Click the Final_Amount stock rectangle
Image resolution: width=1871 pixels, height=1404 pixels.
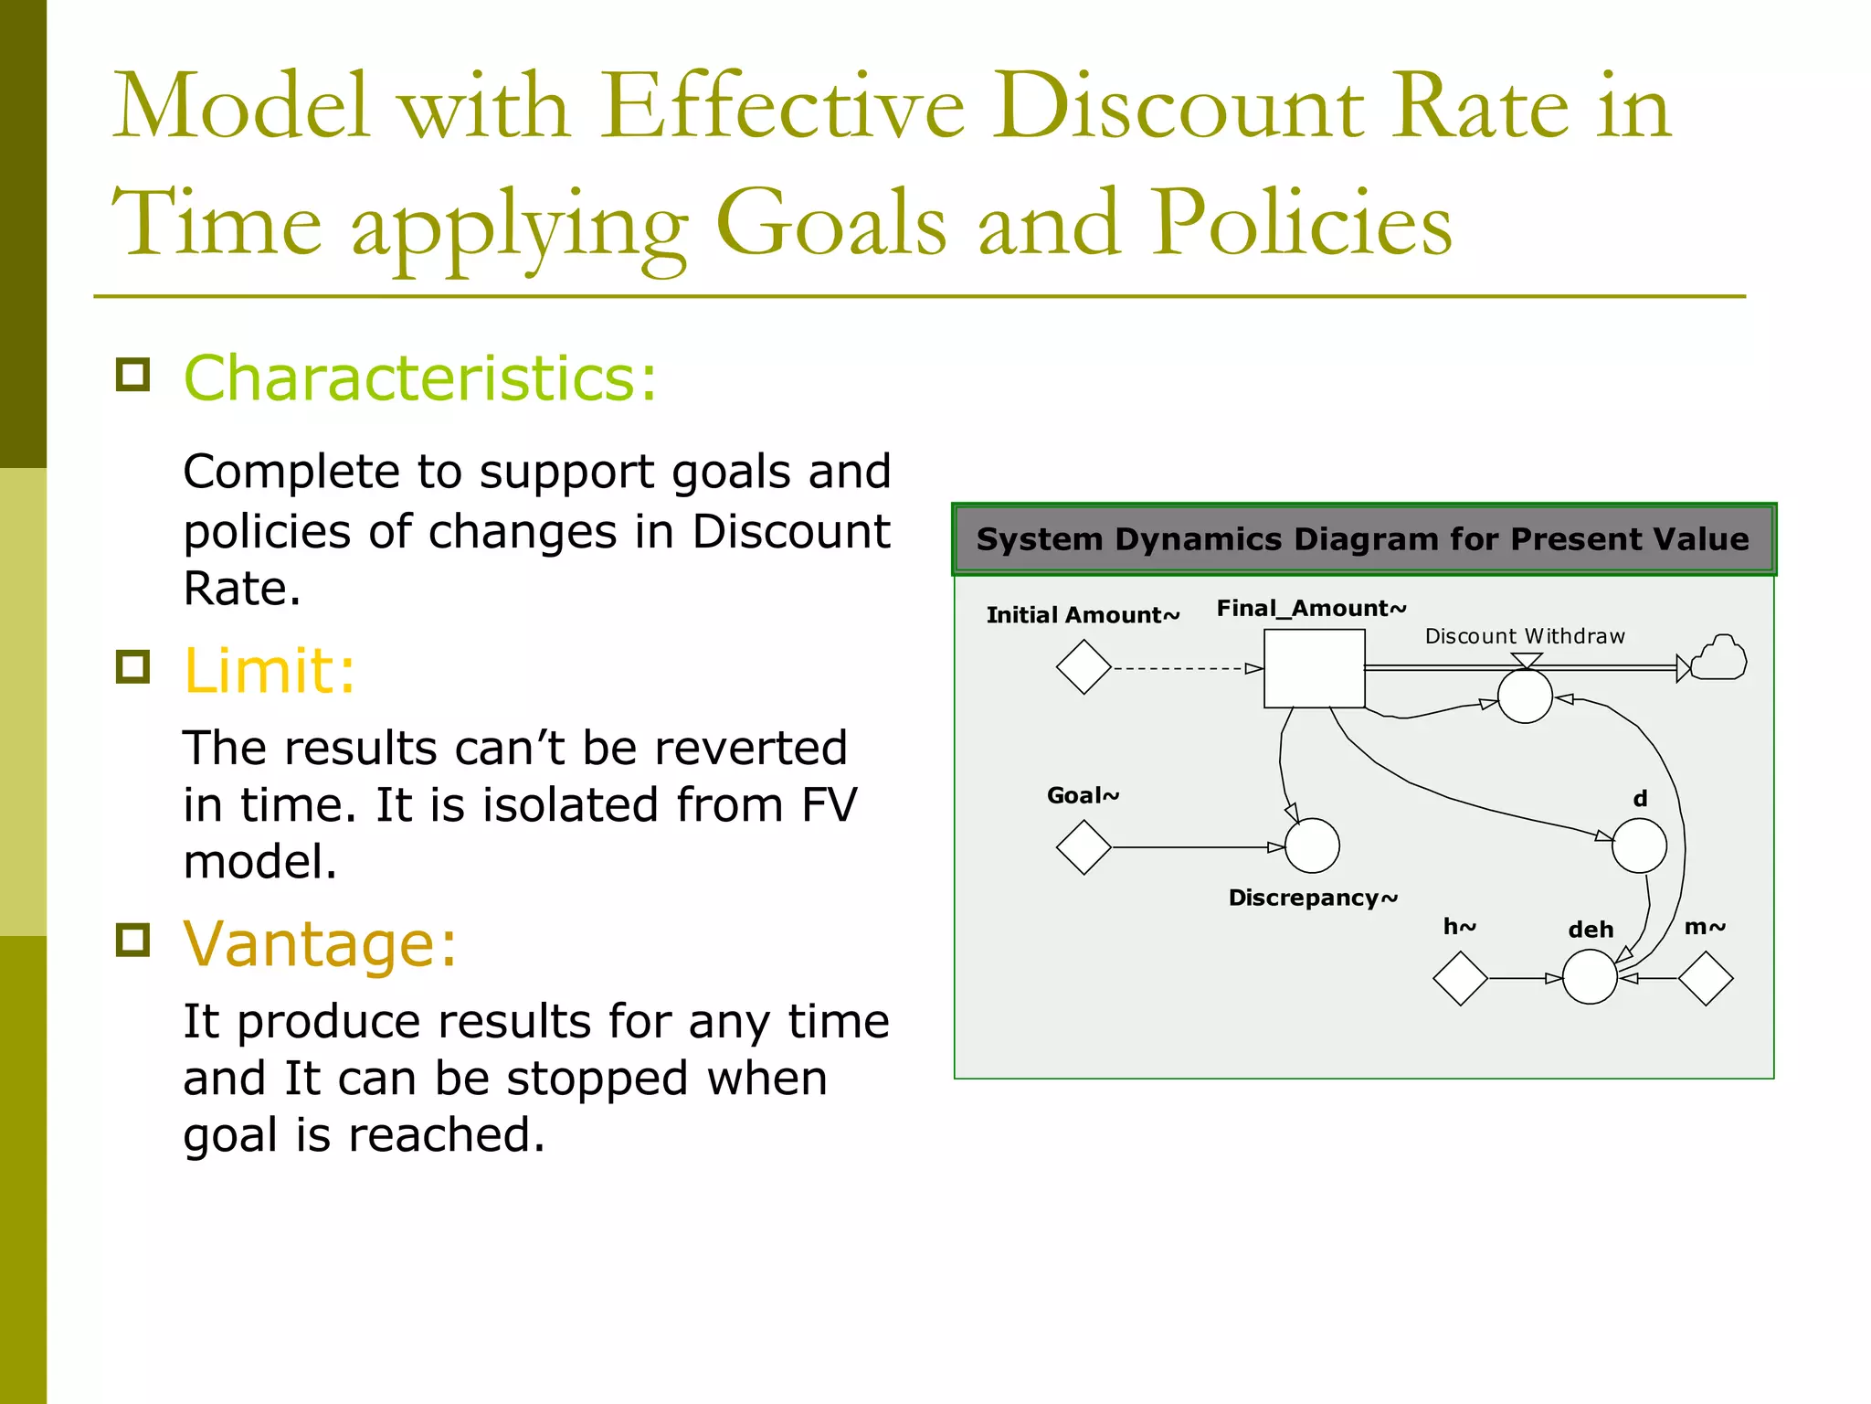coord(1314,668)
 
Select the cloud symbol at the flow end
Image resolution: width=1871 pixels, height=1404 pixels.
coord(1718,658)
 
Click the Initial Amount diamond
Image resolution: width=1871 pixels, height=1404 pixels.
coord(1083,667)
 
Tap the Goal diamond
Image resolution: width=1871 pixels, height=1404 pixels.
coord(1083,847)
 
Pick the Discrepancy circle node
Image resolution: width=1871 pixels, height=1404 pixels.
coord(1312,846)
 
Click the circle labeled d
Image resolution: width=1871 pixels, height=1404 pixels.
coord(1639,846)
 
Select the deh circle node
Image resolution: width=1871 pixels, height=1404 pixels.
coord(1590,977)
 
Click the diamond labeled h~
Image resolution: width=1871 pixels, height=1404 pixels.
coord(1460,978)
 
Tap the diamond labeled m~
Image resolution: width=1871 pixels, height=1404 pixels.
coord(1706,978)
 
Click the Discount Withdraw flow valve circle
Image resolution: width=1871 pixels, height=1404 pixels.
coord(1525,696)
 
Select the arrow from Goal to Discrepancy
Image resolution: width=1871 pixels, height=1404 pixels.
coord(1197,847)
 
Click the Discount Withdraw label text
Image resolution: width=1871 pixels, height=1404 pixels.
coord(1524,636)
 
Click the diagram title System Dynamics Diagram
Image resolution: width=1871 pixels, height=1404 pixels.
coord(1362,539)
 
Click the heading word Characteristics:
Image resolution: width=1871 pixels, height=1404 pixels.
coord(420,378)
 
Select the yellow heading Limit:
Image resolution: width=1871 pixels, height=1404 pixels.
coord(270,671)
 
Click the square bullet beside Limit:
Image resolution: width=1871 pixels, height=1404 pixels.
coord(133,667)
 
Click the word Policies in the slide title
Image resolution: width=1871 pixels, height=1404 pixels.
coord(1301,224)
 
